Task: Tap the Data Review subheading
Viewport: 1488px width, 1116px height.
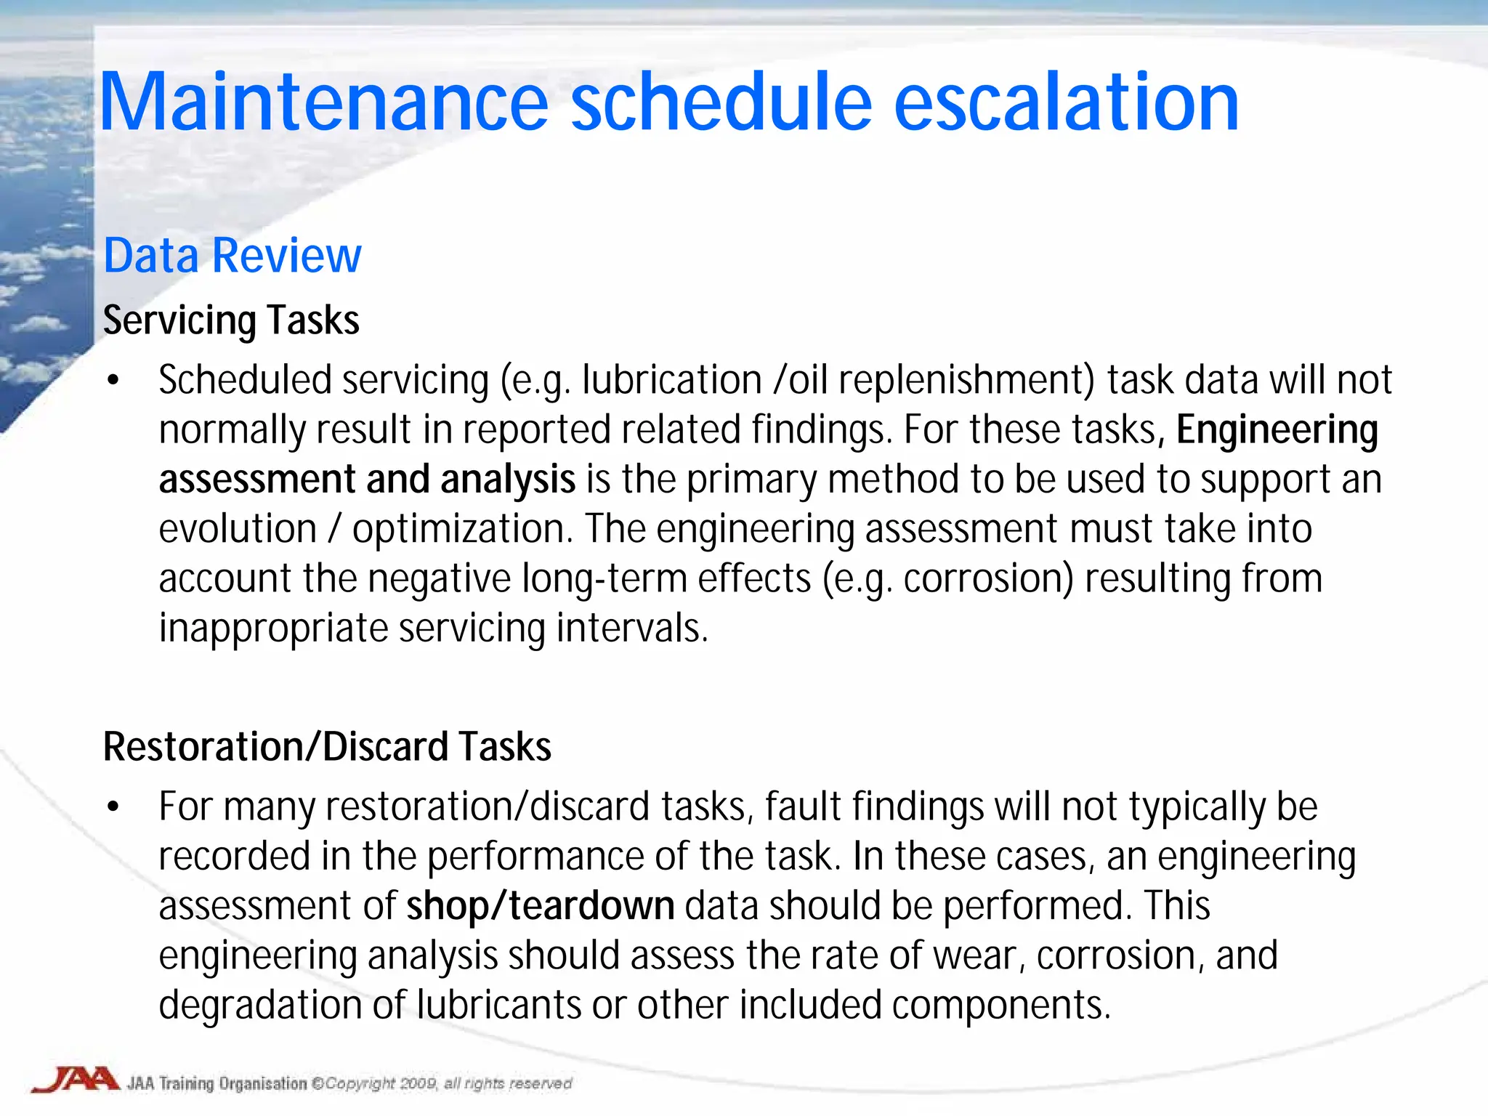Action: pyautogui.click(x=232, y=256)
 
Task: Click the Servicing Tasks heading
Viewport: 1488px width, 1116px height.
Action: pyautogui.click(x=231, y=320)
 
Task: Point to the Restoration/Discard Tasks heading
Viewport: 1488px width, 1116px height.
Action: pyautogui.click(x=327, y=747)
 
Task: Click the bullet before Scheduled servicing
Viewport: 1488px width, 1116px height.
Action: pyautogui.click(x=113, y=381)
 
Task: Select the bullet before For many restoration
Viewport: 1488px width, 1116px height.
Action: pyautogui.click(x=113, y=807)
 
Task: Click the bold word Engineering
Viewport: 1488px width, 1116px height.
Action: pyautogui.click(x=1277, y=430)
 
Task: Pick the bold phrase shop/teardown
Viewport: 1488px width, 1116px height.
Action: pyautogui.click(x=541, y=906)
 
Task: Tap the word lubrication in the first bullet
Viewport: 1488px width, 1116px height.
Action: pyautogui.click(x=671, y=381)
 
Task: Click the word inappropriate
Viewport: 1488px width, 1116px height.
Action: pyautogui.click(x=273, y=628)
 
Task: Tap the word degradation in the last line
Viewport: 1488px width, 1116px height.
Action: pyautogui.click(x=259, y=1005)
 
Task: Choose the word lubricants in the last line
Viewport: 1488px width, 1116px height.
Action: pyautogui.click(x=498, y=1005)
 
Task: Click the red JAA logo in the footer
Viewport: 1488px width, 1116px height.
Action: pyautogui.click(x=76, y=1080)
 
